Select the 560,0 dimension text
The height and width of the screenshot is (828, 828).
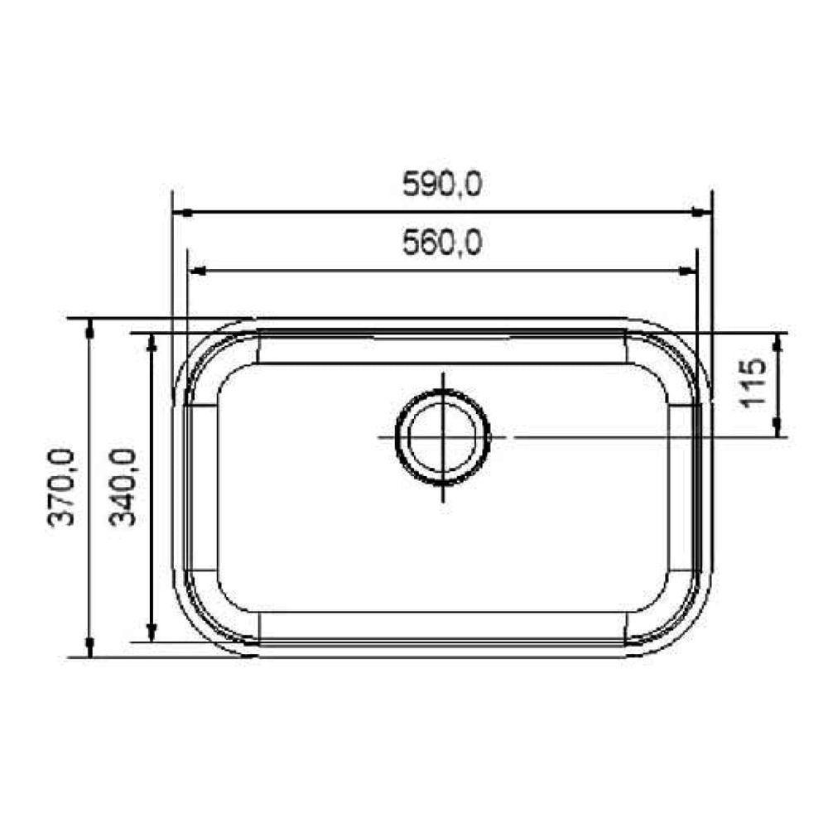(441, 243)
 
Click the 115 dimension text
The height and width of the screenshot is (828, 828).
(753, 384)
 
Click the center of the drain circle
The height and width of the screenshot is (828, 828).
(443, 436)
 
